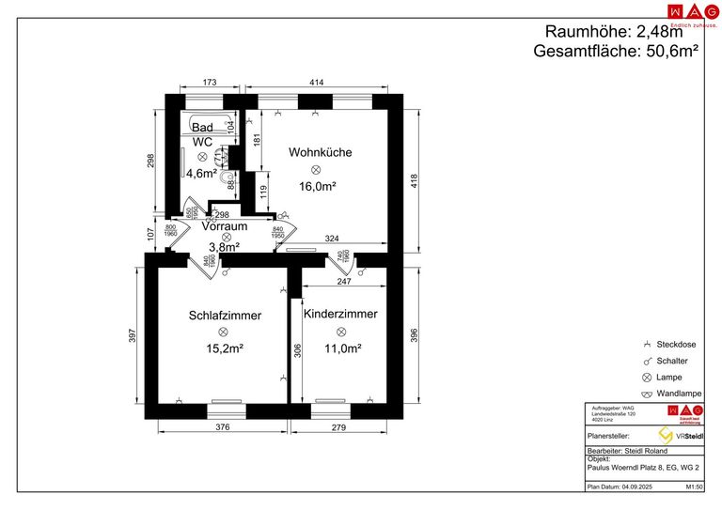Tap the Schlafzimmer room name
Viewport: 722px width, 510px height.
click(224, 316)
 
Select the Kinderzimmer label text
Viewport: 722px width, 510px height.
click(340, 314)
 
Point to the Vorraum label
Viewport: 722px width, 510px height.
click(224, 226)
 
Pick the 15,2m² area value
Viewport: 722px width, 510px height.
click(225, 348)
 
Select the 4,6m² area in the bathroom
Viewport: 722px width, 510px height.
click(201, 173)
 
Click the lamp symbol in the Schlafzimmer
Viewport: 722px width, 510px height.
click(224, 332)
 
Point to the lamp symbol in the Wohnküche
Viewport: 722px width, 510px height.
click(316, 169)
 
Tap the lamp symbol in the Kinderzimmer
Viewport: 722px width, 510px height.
click(341, 331)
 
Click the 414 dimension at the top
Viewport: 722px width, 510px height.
click(316, 84)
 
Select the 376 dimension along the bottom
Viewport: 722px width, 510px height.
click(223, 428)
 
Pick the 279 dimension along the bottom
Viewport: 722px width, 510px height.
click(339, 428)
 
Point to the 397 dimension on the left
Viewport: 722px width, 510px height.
click(133, 334)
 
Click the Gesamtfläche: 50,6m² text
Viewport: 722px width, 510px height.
click(615, 52)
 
